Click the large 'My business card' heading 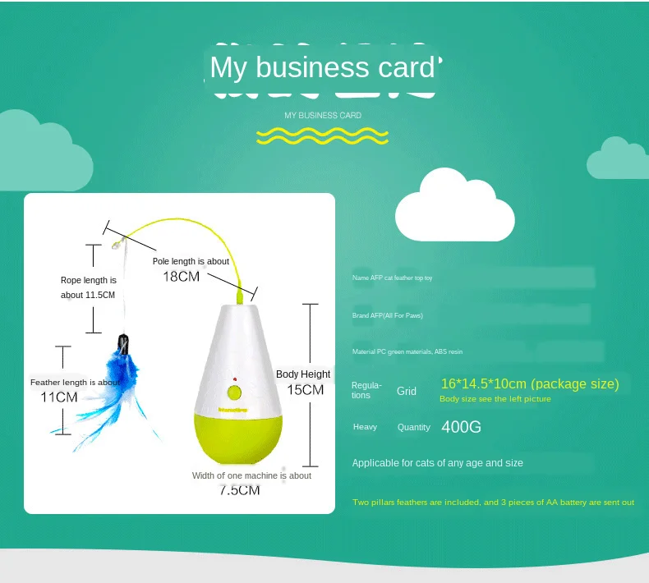pyautogui.click(x=322, y=67)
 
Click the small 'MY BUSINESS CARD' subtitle pyautogui.click(x=323, y=116)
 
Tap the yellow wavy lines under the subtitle pyautogui.click(x=322, y=135)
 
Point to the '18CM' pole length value pyautogui.click(x=181, y=277)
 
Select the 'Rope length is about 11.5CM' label pyautogui.click(x=88, y=287)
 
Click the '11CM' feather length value pyautogui.click(x=59, y=397)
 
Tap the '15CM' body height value pyautogui.click(x=305, y=390)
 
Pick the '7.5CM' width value pyautogui.click(x=240, y=490)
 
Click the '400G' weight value pyautogui.click(x=461, y=427)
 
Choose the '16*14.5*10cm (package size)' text pyautogui.click(x=530, y=383)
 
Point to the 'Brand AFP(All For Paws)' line pyautogui.click(x=388, y=315)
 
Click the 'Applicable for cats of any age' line pyautogui.click(x=437, y=463)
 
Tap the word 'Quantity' pyautogui.click(x=413, y=427)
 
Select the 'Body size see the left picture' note pyautogui.click(x=495, y=399)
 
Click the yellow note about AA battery pyautogui.click(x=493, y=503)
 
